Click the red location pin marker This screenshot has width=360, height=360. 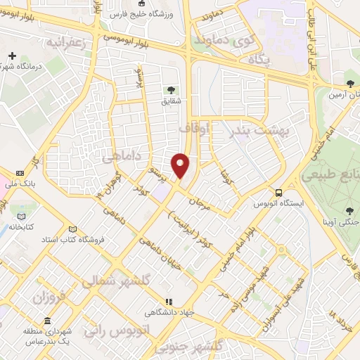tap(181, 164)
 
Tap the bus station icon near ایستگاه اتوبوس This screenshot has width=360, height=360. tap(280, 192)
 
